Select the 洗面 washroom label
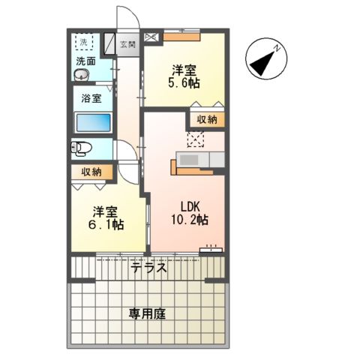85,61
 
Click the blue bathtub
94,122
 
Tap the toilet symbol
81,148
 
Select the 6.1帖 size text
107,223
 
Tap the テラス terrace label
148,268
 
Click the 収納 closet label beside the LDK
208,120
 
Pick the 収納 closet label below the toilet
93,172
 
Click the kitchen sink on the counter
189,160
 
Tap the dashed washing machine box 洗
84,42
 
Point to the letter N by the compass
276,49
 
